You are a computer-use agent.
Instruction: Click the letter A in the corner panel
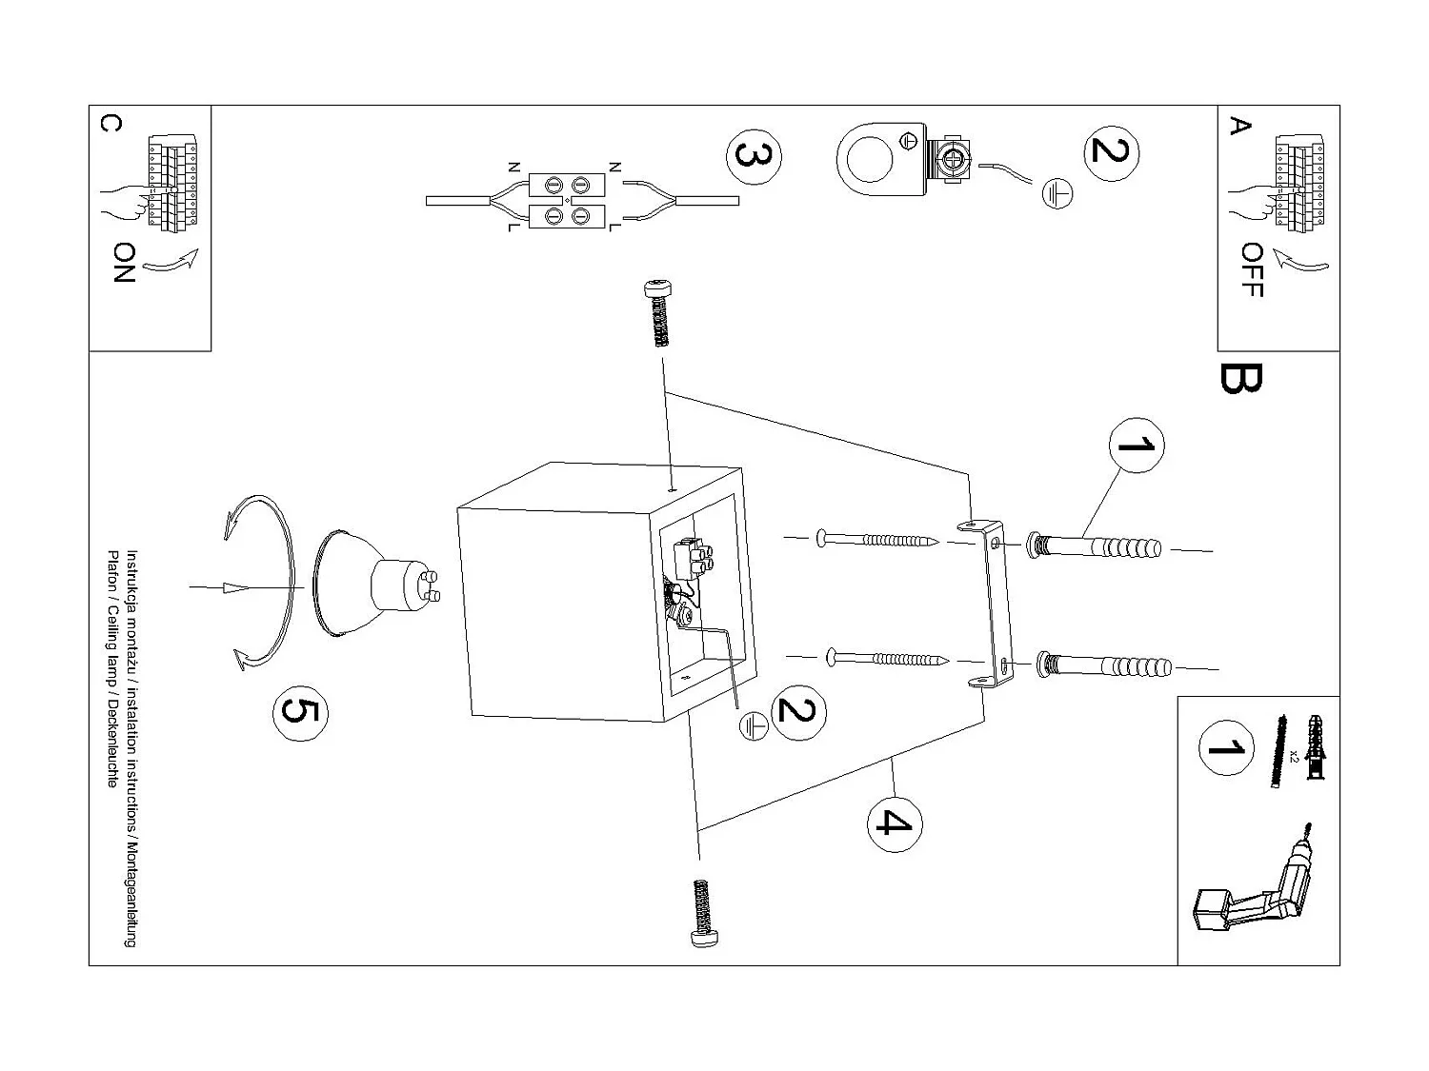click(1238, 126)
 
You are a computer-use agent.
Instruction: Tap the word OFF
click(1253, 269)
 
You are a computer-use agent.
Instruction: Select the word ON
click(124, 262)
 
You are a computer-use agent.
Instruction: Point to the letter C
click(111, 125)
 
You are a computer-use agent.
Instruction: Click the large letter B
click(1240, 379)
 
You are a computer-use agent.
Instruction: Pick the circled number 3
click(754, 157)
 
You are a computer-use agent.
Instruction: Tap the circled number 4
click(895, 822)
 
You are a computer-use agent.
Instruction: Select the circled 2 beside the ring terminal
click(1111, 151)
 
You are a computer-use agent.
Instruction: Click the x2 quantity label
click(1293, 757)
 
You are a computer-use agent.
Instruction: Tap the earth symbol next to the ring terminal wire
click(1057, 194)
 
